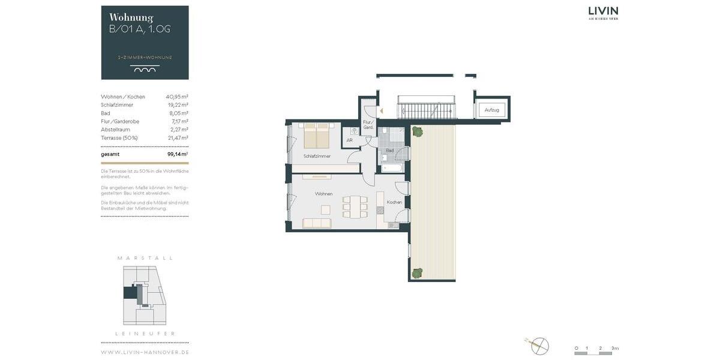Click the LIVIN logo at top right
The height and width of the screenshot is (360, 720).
coord(603,12)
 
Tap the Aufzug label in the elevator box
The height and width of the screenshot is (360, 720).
coord(491,110)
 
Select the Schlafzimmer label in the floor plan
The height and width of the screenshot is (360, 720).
coord(317,156)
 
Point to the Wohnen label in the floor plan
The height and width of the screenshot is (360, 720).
coord(324,194)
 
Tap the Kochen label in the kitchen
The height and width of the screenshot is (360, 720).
coord(394,202)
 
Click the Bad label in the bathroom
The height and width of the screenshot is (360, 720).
coord(389,151)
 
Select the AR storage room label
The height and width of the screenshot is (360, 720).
coord(349,140)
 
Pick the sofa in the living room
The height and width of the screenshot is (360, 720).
coord(317,223)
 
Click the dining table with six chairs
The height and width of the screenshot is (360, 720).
coord(355,206)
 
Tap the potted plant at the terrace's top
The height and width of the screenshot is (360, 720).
coord(417,131)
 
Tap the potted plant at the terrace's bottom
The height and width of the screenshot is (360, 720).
coord(417,272)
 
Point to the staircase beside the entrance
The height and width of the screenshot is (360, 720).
coord(427,110)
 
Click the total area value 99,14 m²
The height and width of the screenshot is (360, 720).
coord(178,154)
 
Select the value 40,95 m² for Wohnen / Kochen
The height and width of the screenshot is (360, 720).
coord(177,97)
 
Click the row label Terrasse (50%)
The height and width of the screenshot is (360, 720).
coord(119,138)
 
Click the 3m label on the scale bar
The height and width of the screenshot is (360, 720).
coord(614,348)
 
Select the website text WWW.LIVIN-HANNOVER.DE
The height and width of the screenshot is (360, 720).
coord(145,352)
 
